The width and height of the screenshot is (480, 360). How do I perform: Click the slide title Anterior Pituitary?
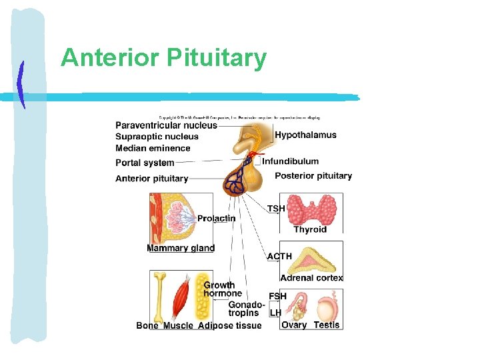pyautogui.click(x=163, y=59)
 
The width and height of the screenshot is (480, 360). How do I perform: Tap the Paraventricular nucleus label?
pyautogui.click(x=166, y=125)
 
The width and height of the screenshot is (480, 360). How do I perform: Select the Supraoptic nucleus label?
pyautogui.click(x=157, y=137)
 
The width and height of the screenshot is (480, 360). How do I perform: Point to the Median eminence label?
pyautogui.click(x=153, y=148)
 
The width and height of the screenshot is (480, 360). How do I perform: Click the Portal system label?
pyautogui.click(x=145, y=163)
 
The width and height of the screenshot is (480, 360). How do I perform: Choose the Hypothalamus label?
pyautogui.click(x=305, y=135)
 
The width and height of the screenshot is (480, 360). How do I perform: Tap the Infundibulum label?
pyautogui.click(x=290, y=161)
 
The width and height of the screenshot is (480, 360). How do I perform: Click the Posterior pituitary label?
pyautogui.click(x=313, y=176)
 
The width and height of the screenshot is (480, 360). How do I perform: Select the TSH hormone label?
pyautogui.click(x=276, y=209)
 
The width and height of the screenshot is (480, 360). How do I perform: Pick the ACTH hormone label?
pyautogui.click(x=279, y=256)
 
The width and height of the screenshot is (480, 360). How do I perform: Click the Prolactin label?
pyautogui.click(x=216, y=219)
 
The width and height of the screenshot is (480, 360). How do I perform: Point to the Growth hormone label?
pyautogui.click(x=222, y=289)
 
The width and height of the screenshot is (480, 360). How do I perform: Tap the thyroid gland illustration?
pyautogui.click(x=311, y=209)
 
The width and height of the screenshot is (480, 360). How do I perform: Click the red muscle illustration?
pyautogui.click(x=181, y=298)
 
